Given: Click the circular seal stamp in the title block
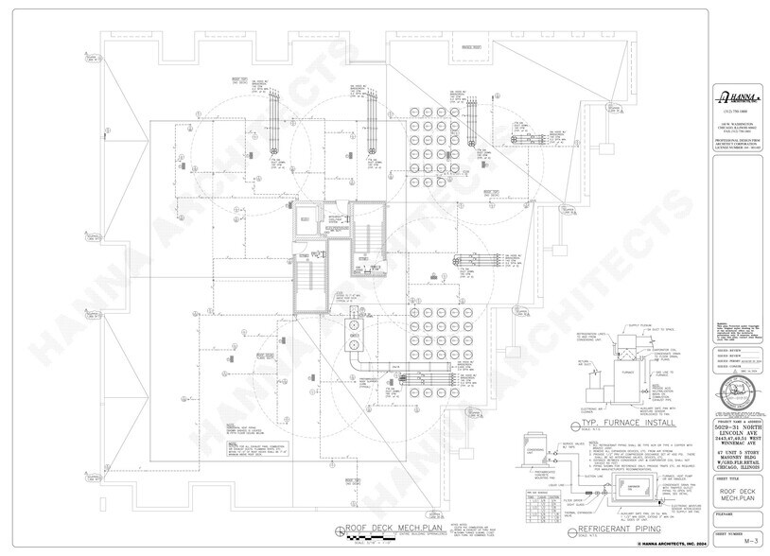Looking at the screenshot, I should pyautogui.click(x=738, y=390).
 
